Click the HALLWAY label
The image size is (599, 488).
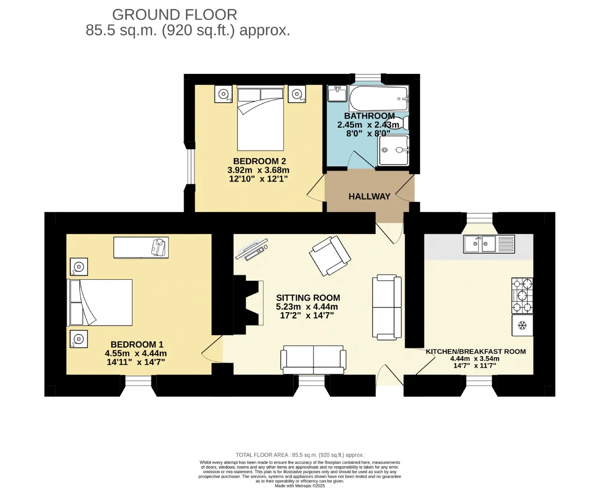(x=369, y=197)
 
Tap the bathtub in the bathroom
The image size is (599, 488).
(x=379, y=98)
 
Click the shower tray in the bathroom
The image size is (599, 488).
(x=394, y=150)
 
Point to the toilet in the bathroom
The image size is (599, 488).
(x=402, y=123)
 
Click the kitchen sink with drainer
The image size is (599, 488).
(x=489, y=244)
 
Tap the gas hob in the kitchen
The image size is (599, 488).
(x=522, y=295)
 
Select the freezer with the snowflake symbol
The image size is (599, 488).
(x=522, y=325)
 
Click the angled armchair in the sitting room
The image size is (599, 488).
(x=330, y=256)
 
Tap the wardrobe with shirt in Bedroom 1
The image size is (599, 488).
(x=141, y=248)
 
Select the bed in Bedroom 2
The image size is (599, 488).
(x=260, y=118)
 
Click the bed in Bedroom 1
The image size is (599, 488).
(x=100, y=302)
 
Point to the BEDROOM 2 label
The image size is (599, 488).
(x=260, y=161)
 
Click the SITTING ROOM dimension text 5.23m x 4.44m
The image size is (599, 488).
(x=307, y=306)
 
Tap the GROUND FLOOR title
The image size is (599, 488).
(x=175, y=15)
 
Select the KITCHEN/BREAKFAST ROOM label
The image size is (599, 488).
(x=476, y=351)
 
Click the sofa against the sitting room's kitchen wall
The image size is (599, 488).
(x=387, y=307)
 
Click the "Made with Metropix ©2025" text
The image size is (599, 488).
(x=300, y=486)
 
